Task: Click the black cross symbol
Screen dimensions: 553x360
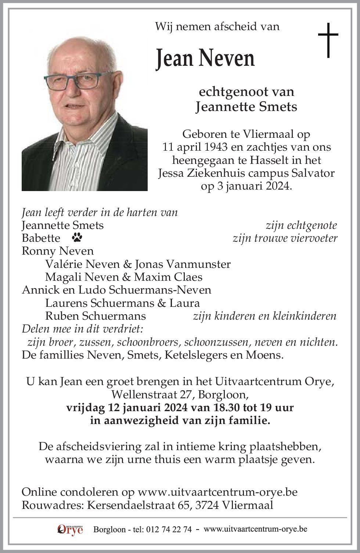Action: [328, 40]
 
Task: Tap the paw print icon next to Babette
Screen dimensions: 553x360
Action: [78, 238]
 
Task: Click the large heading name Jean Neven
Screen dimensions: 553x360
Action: [205, 58]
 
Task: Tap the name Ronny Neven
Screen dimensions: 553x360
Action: [58, 251]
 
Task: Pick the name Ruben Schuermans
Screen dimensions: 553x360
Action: [96, 316]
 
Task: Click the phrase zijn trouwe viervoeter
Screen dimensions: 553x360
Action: [285, 238]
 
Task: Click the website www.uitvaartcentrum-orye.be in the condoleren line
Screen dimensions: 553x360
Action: [217, 492]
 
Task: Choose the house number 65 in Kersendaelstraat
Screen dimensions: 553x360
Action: [184, 505]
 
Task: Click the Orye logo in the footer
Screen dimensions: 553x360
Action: [70, 529]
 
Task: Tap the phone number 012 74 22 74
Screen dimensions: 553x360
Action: [169, 529]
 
